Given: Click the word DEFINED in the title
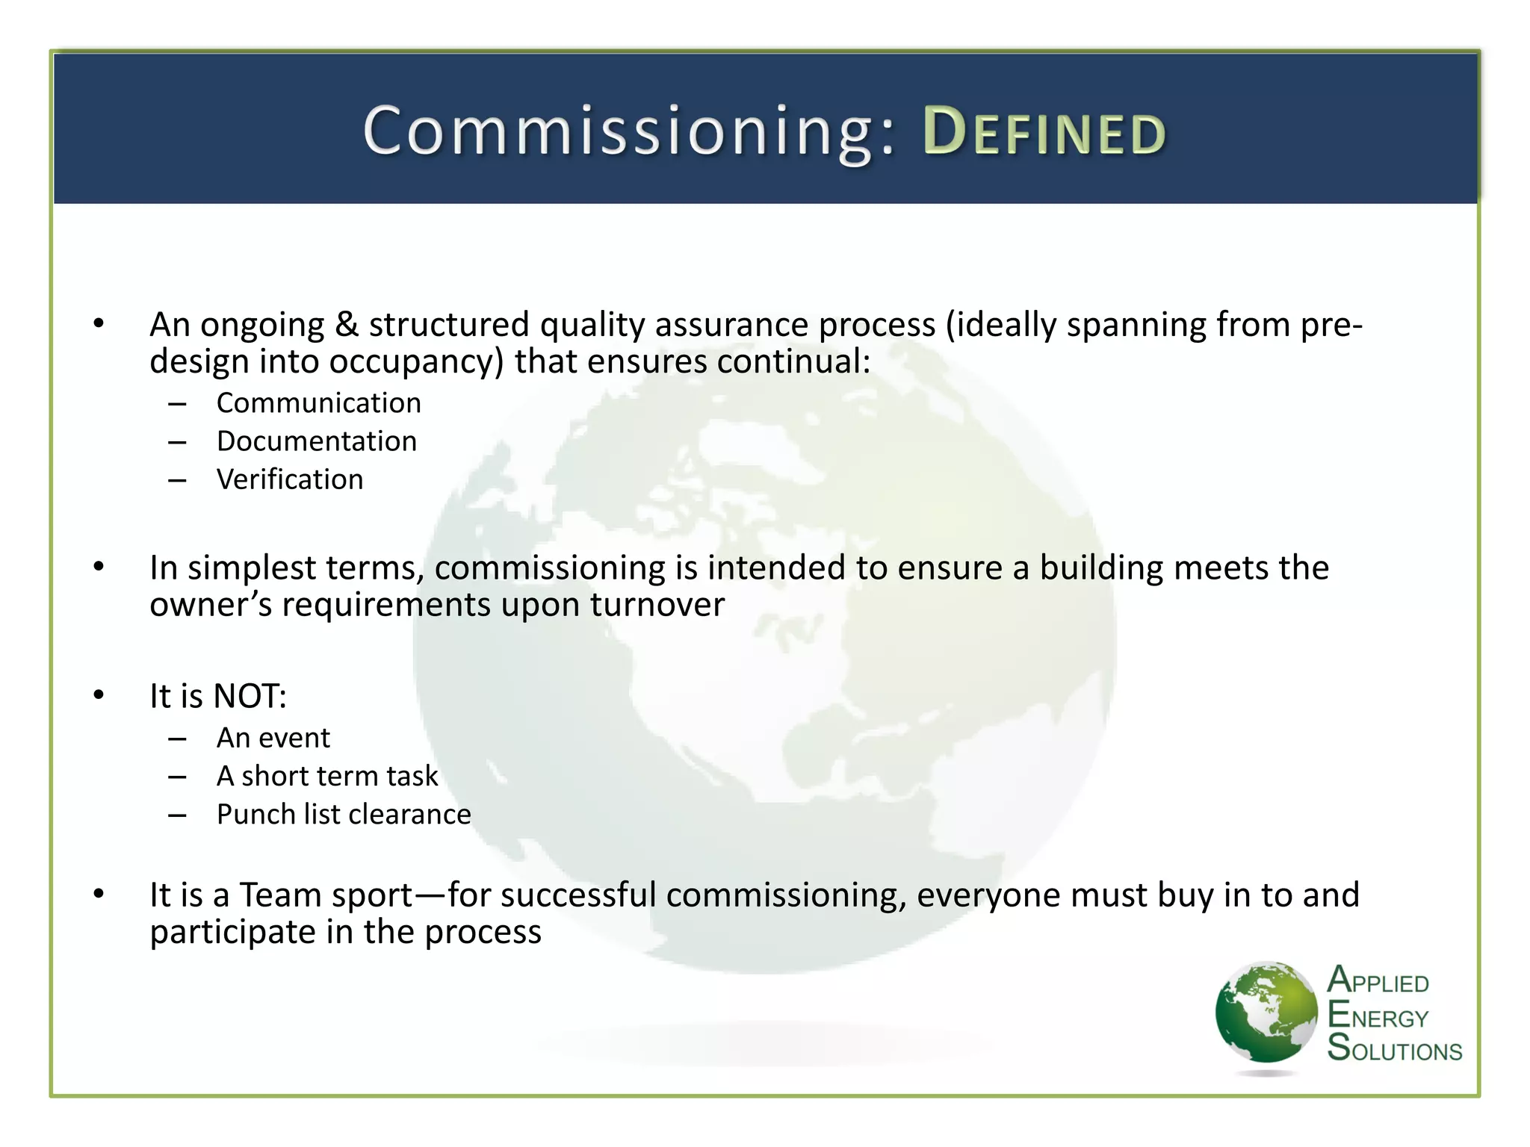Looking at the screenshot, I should pos(1044,132).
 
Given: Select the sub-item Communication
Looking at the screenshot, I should pos(318,403).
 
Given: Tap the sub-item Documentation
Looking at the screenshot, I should pos(316,441).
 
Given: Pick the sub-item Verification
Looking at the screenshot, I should pos(290,479).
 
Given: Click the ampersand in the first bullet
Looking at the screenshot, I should pos(346,325).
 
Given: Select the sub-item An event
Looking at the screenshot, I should pos(273,738).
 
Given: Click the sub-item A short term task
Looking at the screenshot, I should pos(326,776).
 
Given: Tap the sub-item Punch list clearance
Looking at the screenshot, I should pos(344,814).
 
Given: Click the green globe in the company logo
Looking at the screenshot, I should pos(1266,1013).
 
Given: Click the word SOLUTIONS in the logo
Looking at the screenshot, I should pos(1394,1048).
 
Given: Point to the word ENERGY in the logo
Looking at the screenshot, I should pos(1378,1016).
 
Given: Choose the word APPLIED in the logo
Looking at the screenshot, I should pos(1378,981).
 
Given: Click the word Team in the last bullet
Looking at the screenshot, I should pos(273,895).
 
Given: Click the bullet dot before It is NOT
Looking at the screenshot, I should pos(99,695).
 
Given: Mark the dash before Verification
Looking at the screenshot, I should pos(177,480).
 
